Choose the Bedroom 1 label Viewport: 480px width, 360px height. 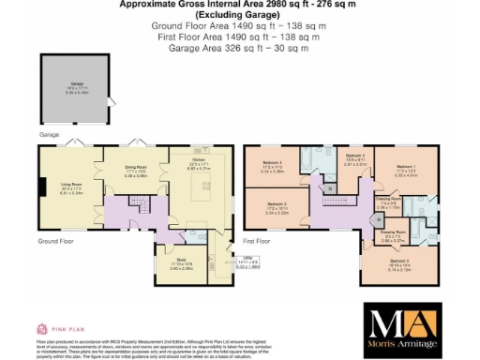(406, 171)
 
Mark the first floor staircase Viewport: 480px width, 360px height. (330, 187)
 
